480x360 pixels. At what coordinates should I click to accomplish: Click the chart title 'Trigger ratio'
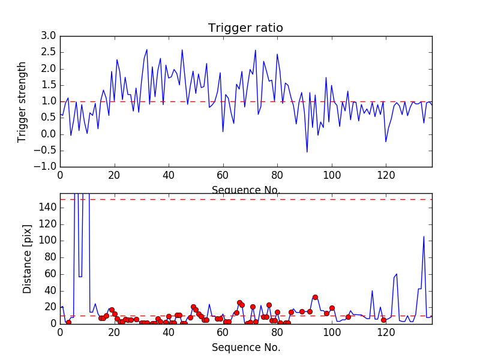pyautogui.click(x=245, y=28)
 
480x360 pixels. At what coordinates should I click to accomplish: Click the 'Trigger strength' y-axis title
pyautogui.click(x=22, y=101)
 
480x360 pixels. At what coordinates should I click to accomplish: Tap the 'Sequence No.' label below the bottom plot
pyautogui.click(x=245, y=347)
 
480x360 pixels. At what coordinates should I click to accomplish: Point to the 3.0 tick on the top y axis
pyautogui.click(x=49, y=36)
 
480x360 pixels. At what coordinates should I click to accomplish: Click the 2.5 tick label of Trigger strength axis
pyautogui.click(x=49, y=52)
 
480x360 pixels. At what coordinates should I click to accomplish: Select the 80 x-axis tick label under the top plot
pyautogui.click(x=277, y=175)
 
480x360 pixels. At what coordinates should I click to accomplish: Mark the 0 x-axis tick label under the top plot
pyautogui.click(x=60, y=175)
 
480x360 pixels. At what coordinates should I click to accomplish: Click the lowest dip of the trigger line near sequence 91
pyautogui.click(x=307, y=151)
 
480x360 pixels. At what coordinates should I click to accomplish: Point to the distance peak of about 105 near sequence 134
pyautogui.click(x=424, y=236)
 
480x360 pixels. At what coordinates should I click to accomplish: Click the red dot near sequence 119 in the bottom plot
pyautogui.click(x=383, y=320)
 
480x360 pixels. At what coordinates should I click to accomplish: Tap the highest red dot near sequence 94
pyautogui.click(x=315, y=297)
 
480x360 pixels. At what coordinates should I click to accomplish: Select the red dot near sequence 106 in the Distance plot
pyautogui.click(x=348, y=317)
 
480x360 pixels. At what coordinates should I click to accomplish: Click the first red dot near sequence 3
pyautogui.click(x=68, y=322)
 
